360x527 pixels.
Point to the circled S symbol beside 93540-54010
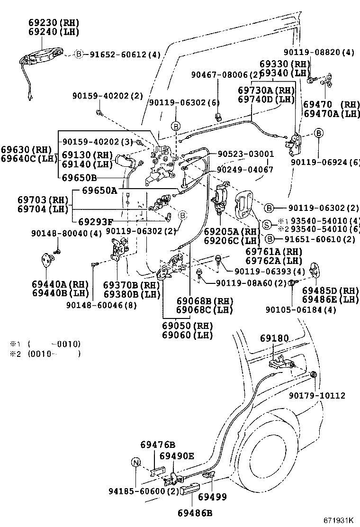(x=267, y=224)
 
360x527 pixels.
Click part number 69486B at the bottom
(x=195, y=513)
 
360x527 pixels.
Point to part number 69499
(x=212, y=497)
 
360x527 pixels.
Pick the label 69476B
(x=158, y=445)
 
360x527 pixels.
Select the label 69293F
(x=96, y=221)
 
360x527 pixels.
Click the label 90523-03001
(x=245, y=154)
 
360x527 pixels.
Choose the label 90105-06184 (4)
(x=301, y=310)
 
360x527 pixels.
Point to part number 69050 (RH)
(x=188, y=326)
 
